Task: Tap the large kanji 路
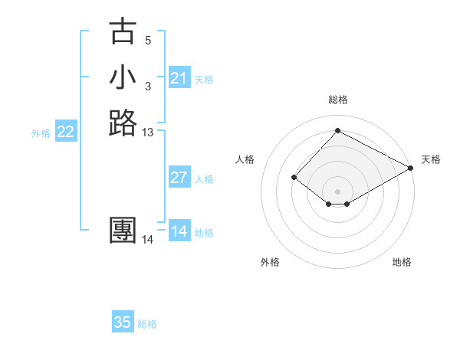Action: click(123, 123)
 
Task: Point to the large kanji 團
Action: click(123, 231)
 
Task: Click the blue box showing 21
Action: click(179, 78)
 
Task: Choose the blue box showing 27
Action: click(179, 178)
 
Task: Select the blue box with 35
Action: click(123, 322)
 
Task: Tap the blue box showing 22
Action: click(66, 132)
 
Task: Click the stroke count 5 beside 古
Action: click(148, 41)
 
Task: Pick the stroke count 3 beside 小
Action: click(148, 86)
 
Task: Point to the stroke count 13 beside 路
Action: click(148, 133)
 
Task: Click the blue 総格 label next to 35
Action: click(147, 324)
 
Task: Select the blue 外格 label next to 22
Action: click(41, 133)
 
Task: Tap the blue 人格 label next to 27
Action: click(204, 179)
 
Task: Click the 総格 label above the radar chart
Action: click(337, 100)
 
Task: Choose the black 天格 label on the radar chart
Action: click(431, 159)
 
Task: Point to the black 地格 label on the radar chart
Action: click(402, 263)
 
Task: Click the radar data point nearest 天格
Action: click(411, 168)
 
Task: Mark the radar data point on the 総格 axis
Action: click(337, 130)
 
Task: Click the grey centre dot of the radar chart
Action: click(337, 191)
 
